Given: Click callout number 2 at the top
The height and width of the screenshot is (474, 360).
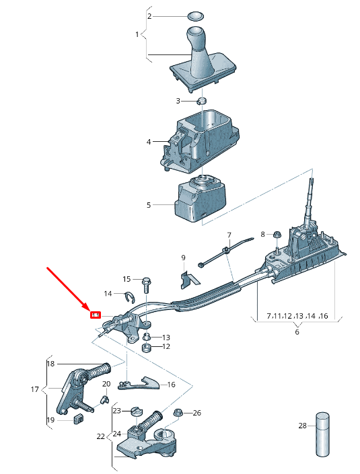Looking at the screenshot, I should (149, 15).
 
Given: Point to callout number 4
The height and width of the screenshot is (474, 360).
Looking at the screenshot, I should (149, 142).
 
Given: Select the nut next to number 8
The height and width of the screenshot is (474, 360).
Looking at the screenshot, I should (276, 235).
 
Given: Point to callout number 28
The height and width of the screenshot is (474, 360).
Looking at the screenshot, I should (302, 426).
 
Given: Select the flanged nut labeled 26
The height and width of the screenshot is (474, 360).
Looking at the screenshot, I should (178, 413).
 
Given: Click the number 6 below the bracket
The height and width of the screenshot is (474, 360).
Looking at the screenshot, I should (297, 331).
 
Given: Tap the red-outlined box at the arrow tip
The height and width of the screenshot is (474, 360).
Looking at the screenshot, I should (96, 315).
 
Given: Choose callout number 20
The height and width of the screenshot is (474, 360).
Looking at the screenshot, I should (106, 384).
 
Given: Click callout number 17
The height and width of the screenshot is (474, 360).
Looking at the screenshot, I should (35, 389).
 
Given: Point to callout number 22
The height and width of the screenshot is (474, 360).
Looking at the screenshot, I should (101, 436).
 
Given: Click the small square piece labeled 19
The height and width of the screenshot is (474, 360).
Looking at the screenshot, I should (77, 420).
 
